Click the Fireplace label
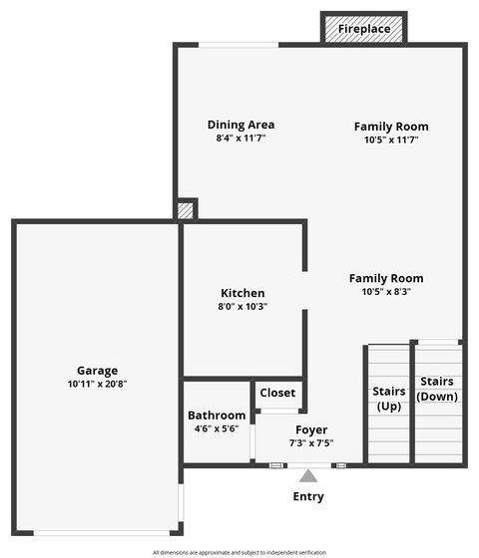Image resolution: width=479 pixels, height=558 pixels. (x=364, y=29)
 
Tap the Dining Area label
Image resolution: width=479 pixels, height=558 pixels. (x=240, y=125)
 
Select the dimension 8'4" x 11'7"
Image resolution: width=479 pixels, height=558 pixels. (x=240, y=139)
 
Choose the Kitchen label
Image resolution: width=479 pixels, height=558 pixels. (x=242, y=293)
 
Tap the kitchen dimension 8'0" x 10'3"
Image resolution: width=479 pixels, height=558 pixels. (x=242, y=307)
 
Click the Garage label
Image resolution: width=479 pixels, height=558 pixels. (x=97, y=370)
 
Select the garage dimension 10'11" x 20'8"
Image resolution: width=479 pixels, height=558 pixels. (x=97, y=384)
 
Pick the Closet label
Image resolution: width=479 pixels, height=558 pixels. (x=277, y=393)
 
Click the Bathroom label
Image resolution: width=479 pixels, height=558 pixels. (x=217, y=416)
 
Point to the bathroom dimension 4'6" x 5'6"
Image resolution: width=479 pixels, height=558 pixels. (x=217, y=428)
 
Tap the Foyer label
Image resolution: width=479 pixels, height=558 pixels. (x=311, y=430)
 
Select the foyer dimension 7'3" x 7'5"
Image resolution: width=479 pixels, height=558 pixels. (x=311, y=443)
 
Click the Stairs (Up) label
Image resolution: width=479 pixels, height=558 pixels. (x=388, y=399)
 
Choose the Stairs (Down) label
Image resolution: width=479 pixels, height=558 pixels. (x=437, y=389)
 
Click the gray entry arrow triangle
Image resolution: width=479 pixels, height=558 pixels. (x=308, y=476)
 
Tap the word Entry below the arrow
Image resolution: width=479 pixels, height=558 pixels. (x=308, y=496)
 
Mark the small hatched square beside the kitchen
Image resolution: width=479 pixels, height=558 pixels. (x=185, y=210)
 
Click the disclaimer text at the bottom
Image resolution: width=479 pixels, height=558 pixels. (x=239, y=552)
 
